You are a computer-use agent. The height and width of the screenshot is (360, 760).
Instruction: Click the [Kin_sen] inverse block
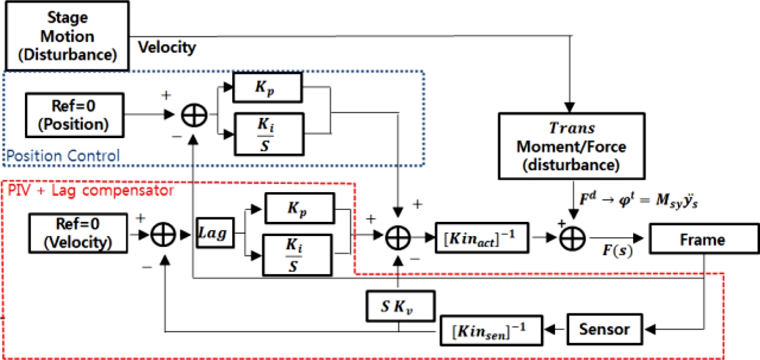pos(490,329)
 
